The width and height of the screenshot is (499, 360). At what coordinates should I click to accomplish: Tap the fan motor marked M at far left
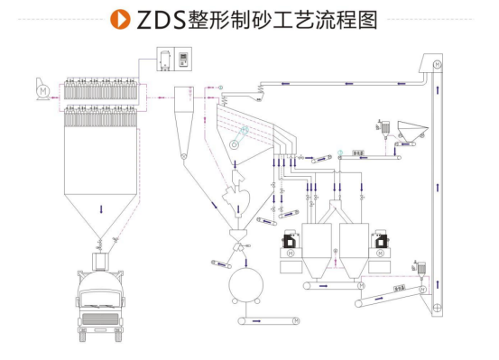click(42, 91)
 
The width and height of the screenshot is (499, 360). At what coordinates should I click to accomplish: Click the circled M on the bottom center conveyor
click(298, 320)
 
